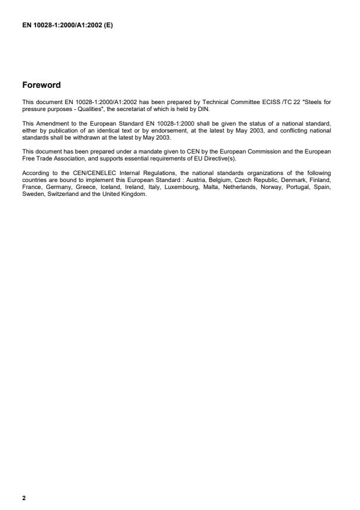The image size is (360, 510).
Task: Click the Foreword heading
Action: click(x=41, y=85)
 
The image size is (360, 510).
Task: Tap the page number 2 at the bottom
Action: click(x=24, y=498)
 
